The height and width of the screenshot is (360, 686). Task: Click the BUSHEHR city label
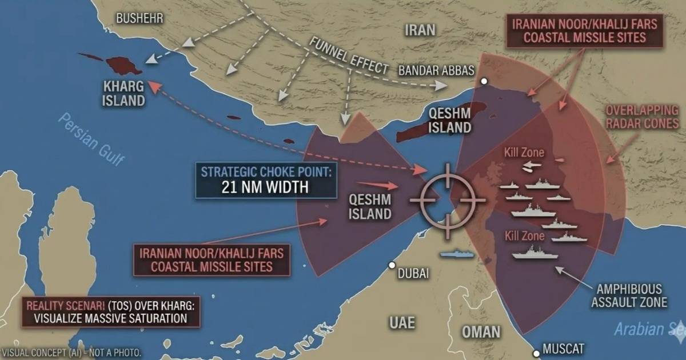click(139, 19)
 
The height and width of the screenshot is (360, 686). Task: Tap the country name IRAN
click(420, 30)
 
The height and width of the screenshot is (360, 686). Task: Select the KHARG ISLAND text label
click(123, 94)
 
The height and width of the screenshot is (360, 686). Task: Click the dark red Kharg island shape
click(123, 65)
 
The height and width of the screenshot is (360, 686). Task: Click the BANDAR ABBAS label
click(436, 71)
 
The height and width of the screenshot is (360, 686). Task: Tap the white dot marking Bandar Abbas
click(484, 82)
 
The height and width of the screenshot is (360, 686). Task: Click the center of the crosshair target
click(447, 201)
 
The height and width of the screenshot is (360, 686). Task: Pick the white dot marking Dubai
click(392, 265)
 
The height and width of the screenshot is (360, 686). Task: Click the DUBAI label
click(413, 273)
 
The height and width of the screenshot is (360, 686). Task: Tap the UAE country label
click(403, 322)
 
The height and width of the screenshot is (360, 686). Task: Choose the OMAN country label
click(482, 331)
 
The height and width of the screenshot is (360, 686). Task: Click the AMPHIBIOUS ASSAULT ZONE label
click(629, 295)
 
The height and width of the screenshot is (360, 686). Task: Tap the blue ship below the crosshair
click(456, 254)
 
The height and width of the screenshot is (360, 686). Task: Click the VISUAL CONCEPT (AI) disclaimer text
click(71, 353)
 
